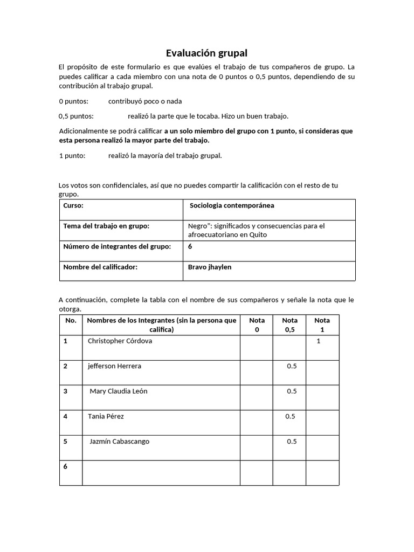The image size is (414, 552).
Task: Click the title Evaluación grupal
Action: click(x=206, y=53)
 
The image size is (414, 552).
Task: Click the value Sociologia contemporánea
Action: click(x=232, y=205)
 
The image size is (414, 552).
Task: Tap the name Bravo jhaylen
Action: click(x=210, y=267)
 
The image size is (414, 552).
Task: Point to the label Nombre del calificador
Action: click(x=100, y=267)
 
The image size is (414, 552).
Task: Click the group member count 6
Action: click(x=190, y=246)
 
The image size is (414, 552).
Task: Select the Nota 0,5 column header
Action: click(x=289, y=325)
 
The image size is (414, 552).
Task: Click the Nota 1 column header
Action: click(x=322, y=325)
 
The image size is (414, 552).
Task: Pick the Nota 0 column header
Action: click(x=257, y=325)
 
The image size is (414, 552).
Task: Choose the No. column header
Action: click(x=71, y=320)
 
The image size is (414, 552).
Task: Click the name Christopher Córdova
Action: click(x=120, y=341)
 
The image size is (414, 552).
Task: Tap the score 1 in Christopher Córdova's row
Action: click(x=319, y=341)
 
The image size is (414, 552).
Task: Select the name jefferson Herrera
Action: click(x=114, y=366)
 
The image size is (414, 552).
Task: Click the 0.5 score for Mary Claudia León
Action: click(x=292, y=391)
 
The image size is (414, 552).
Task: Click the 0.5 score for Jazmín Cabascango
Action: click(x=292, y=441)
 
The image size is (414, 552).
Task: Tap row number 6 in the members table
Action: click(x=65, y=466)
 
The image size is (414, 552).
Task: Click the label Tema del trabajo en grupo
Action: click(x=106, y=226)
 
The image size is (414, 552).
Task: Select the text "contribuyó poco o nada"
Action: click(x=145, y=101)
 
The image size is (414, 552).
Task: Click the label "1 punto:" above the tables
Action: click(x=73, y=156)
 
